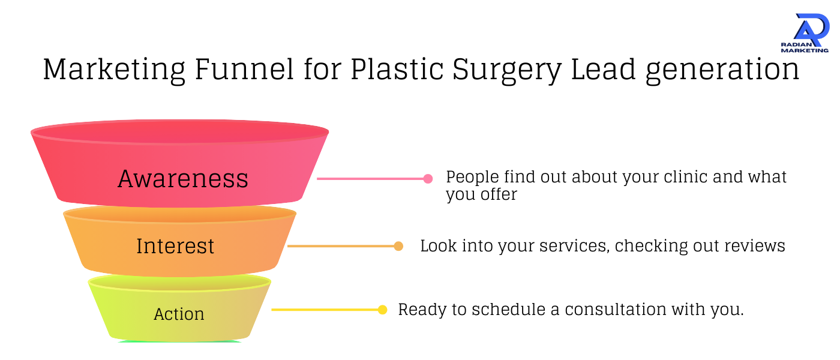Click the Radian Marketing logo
tap(805, 33)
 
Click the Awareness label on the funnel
tap(183, 179)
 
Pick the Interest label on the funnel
tap(175, 246)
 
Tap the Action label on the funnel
tap(179, 314)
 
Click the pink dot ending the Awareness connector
tap(428, 178)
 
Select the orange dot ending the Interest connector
tap(398, 246)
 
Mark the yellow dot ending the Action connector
tap(382, 310)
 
